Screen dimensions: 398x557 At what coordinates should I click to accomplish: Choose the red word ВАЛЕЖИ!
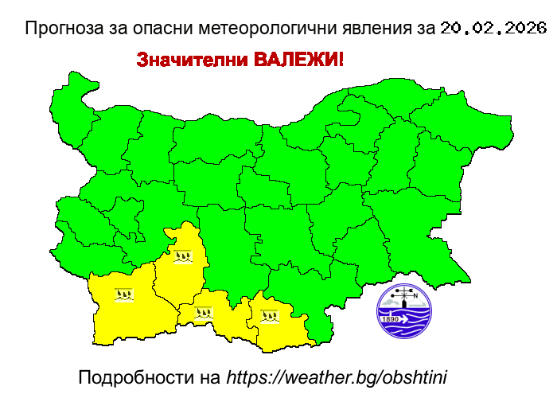[x=298, y=60]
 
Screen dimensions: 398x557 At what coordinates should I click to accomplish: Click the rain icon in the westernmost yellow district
[x=123, y=295]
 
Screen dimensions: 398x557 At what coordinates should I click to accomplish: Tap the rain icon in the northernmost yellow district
[x=183, y=256]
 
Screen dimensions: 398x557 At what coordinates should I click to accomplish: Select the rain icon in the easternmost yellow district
[x=270, y=315]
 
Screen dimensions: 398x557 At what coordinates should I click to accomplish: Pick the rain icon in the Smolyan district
[x=204, y=313]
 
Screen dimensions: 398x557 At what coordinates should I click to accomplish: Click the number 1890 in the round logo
[x=391, y=319]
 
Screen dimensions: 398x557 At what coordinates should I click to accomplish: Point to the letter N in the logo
[x=415, y=295]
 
